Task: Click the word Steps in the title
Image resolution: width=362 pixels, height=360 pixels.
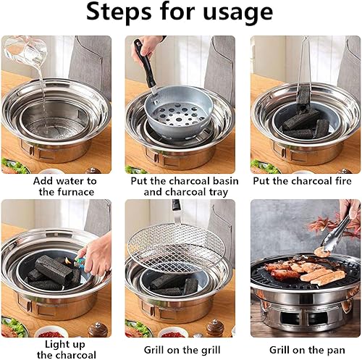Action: [x=119, y=12]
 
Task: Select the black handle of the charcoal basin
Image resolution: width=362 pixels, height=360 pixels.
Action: [x=145, y=64]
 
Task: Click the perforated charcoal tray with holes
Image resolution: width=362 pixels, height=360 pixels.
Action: [x=180, y=114]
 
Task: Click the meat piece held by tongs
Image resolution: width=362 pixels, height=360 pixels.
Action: [x=322, y=252]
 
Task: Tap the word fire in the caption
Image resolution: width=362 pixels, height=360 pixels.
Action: [x=342, y=181]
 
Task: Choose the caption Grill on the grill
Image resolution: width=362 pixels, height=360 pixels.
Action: [x=182, y=350]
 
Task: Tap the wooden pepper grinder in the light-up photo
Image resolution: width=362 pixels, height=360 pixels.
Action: [x=97, y=329]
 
